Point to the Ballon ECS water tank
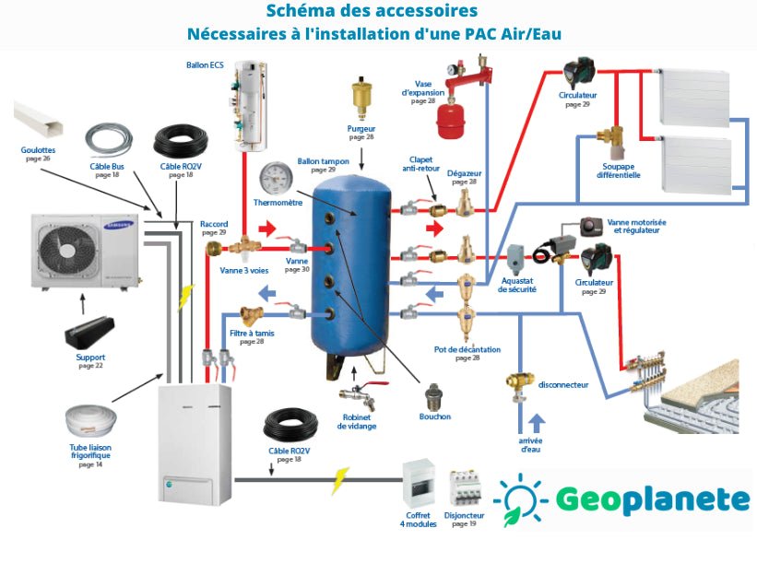tap(251, 106)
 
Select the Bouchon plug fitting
tap(432, 397)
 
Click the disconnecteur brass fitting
tap(518, 383)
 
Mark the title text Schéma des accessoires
tap(372, 12)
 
